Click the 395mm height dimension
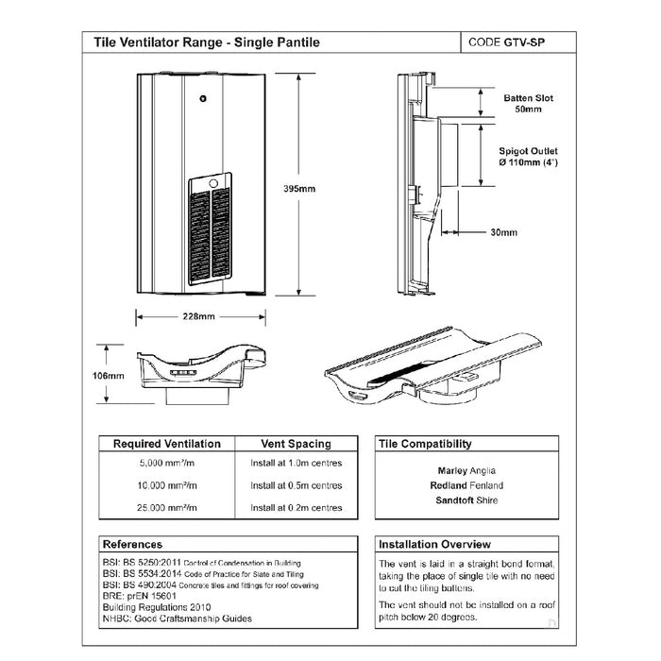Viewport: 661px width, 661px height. click(x=299, y=189)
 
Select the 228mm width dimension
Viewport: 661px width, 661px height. click(x=196, y=316)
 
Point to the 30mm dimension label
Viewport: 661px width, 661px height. click(x=503, y=232)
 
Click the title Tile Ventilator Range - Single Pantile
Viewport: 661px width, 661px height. click(x=207, y=42)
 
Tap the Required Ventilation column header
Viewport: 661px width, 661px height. click(x=167, y=443)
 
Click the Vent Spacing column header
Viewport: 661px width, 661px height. click(x=296, y=443)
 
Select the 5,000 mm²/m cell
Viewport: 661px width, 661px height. click(x=167, y=464)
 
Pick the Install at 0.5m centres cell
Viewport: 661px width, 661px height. click(x=296, y=485)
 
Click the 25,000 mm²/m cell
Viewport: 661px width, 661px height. click(x=167, y=509)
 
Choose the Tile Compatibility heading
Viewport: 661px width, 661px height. click(x=425, y=443)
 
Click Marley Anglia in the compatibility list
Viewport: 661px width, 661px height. click(x=466, y=470)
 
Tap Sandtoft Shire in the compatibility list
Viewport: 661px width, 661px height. click(x=466, y=500)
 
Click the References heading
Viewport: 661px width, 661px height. click(x=132, y=544)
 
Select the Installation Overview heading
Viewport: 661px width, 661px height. click(x=434, y=544)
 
